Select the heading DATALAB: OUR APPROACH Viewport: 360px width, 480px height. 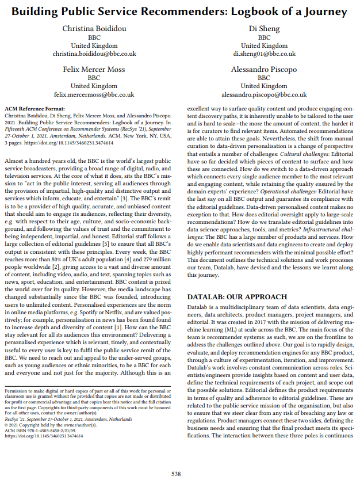(x=237, y=297)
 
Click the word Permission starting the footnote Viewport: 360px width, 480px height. (x=17, y=391)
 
